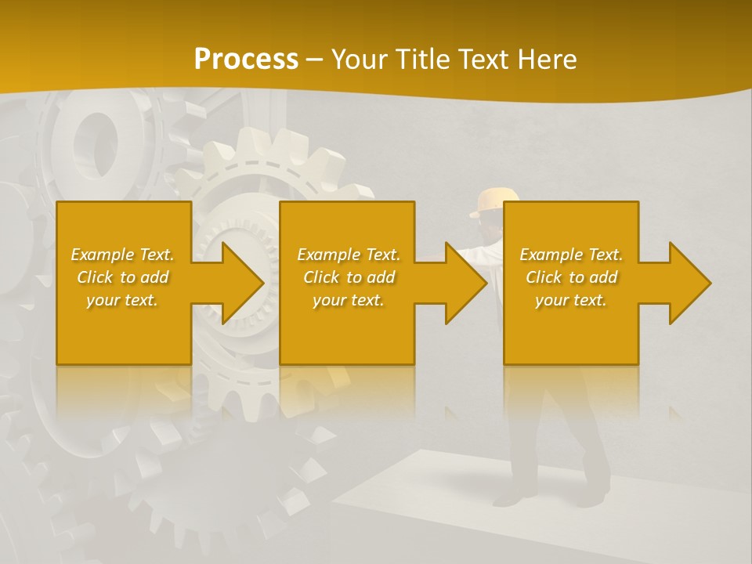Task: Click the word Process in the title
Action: coord(246,60)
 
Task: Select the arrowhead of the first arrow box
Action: coord(243,283)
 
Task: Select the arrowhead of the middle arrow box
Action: coord(466,283)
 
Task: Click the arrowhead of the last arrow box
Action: coord(689,283)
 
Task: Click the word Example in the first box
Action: coord(101,255)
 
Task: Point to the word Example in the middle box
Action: coord(327,255)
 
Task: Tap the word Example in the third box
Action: coord(550,255)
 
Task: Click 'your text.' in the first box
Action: coord(122,300)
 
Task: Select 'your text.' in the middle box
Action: coord(349,300)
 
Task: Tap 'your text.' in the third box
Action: coord(571,300)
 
